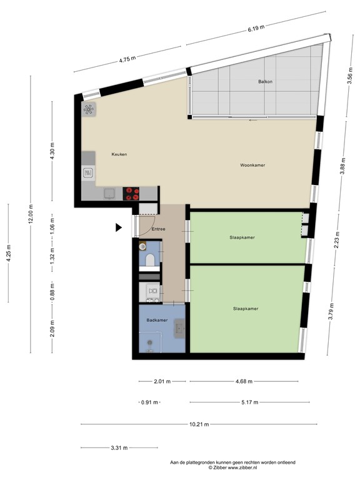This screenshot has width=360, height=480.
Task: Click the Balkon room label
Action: click(x=265, y=82)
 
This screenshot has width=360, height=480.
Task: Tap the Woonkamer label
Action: click(x=252, y=166)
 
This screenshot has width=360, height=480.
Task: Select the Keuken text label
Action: click(x=119, y=154)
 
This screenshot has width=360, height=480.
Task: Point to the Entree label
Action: click(x=158, y=229)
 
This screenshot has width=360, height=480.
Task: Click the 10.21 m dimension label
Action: click(x=199, y=424)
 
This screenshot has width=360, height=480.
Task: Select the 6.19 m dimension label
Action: click(x=256, y=28)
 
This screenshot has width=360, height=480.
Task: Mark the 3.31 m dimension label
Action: click(x=119, y=447)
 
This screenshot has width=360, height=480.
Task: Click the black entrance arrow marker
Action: click(x=118, y=229)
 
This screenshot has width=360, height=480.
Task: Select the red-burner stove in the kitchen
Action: click(x=131, y=192)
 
